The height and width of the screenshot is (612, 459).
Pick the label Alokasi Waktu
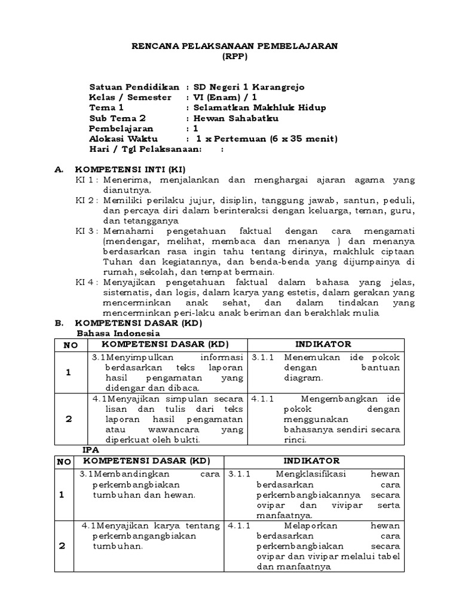pos(120,139)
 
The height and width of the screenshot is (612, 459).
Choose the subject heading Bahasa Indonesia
pos(118,333)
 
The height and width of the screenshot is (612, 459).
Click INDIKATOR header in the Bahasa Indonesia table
pos(323,344)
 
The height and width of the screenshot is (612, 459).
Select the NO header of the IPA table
pos(63,461)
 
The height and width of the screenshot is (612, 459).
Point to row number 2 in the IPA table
pos(63,546)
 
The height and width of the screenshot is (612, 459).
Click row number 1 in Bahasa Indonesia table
pos(69,372)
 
